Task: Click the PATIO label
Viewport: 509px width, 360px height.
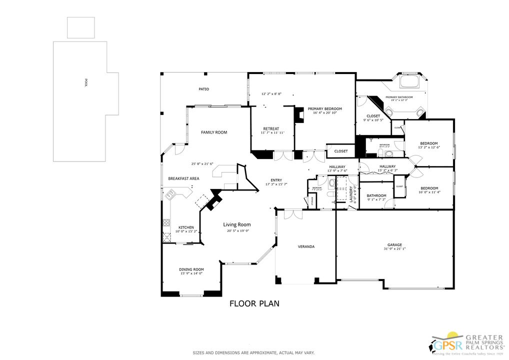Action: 203,89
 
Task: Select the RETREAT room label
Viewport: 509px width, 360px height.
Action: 270,129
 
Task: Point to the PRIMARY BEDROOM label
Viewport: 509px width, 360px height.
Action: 324,108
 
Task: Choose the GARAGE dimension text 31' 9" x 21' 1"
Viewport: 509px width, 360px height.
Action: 394,248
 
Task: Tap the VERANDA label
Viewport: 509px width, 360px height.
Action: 306,246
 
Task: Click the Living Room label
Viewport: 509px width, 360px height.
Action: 236,224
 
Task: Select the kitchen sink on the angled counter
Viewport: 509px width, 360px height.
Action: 171,193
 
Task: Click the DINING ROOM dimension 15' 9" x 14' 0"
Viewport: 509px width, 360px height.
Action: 191,273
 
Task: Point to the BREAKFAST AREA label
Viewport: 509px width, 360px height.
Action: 183,178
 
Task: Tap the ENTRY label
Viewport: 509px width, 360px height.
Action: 276,180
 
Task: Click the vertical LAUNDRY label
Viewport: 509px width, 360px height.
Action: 352,192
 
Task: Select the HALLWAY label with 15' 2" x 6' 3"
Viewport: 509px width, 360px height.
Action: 387,166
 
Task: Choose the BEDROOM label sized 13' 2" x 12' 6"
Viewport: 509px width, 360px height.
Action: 429,143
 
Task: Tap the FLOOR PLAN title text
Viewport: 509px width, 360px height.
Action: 254,303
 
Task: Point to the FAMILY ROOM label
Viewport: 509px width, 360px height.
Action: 214,132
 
